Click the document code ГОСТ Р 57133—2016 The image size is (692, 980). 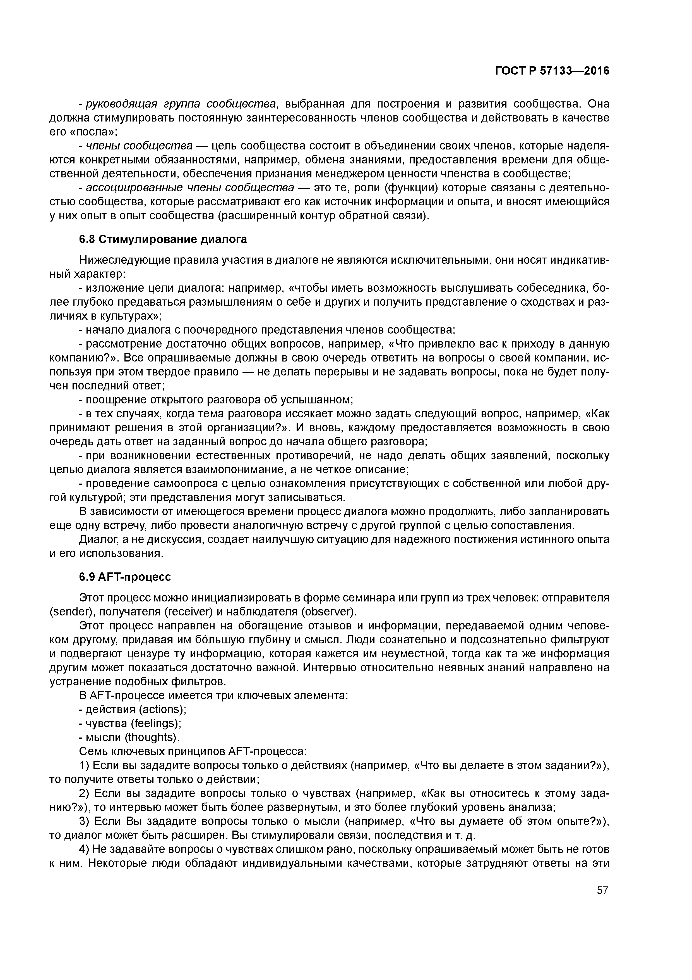[x=552, y=71]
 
